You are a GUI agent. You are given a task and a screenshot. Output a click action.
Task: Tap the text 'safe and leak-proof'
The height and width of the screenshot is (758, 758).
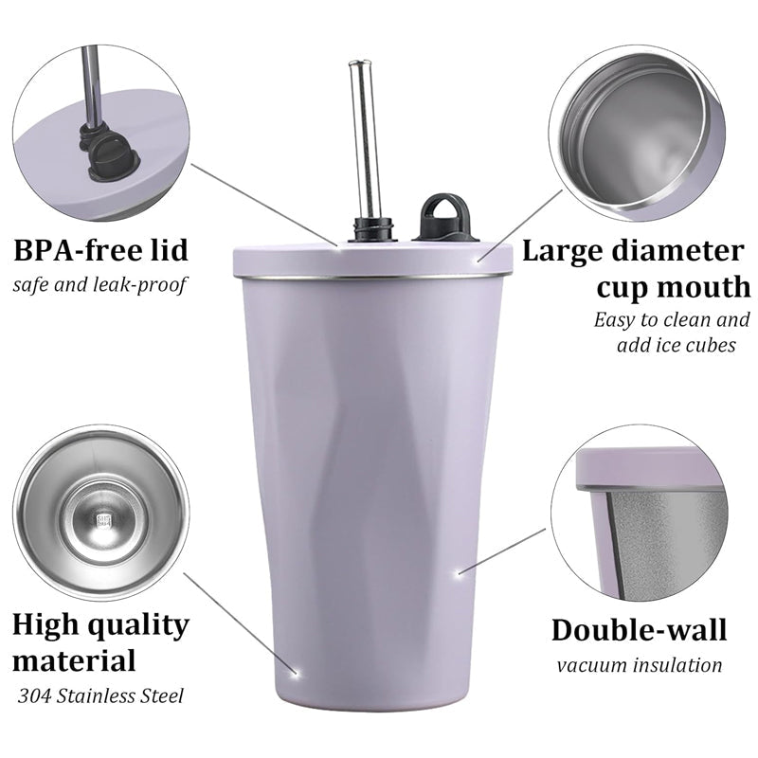[x=99, y=284]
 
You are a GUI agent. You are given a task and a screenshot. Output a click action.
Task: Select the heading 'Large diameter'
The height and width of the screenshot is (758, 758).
[x=633, y=251]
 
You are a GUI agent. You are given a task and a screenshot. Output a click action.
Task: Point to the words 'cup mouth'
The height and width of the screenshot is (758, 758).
[x=674, y=287]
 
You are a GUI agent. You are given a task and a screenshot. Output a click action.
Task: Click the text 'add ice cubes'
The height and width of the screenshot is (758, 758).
[x=677, y=345]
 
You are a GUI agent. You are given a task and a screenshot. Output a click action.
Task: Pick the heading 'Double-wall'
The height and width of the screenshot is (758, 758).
[x=639, y=630]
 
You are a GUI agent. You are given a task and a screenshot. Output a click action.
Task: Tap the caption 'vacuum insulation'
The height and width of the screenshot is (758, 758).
[x=639, y=665]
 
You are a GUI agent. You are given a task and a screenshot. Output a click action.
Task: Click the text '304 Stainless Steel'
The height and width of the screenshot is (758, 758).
[x=100, y=696]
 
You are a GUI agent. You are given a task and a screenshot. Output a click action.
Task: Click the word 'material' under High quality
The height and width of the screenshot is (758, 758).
[x=74, y=660]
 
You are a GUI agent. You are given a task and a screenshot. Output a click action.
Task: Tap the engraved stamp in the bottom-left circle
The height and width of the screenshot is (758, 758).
[x=104, y=520]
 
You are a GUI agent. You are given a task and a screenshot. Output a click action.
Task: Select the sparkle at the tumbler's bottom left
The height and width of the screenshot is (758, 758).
[x=296, y=673]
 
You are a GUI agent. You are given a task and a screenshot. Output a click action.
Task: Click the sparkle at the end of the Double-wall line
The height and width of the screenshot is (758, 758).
[x=459, y=573]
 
